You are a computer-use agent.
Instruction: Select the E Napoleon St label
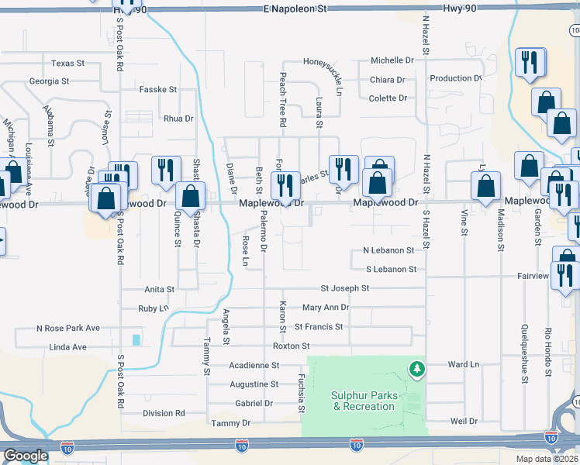pyautogui.click(x=295, y=8)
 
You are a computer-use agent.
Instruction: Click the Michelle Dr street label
pyautogui.click(x=392, y=60)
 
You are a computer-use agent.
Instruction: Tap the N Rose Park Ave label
pyautogui.click(x=68, y=328)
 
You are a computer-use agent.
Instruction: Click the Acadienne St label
pyautogui.click(x=254, y=364)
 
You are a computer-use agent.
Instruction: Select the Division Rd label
pyautogui.click(x=164, y=413)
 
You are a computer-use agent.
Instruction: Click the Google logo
pyautogui.click(x=26, y=456)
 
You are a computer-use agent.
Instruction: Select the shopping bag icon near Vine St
pyautogui.click(x=485, y=186)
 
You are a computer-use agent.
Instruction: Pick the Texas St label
pyautogui.click(x=67, y=63)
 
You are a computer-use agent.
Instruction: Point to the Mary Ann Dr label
pyautogui.click(x=326, y=308)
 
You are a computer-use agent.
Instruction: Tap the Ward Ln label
pyautogui.click(x=464, y=363)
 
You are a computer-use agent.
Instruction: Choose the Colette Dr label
pyautogui.click(x=388, y=98)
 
